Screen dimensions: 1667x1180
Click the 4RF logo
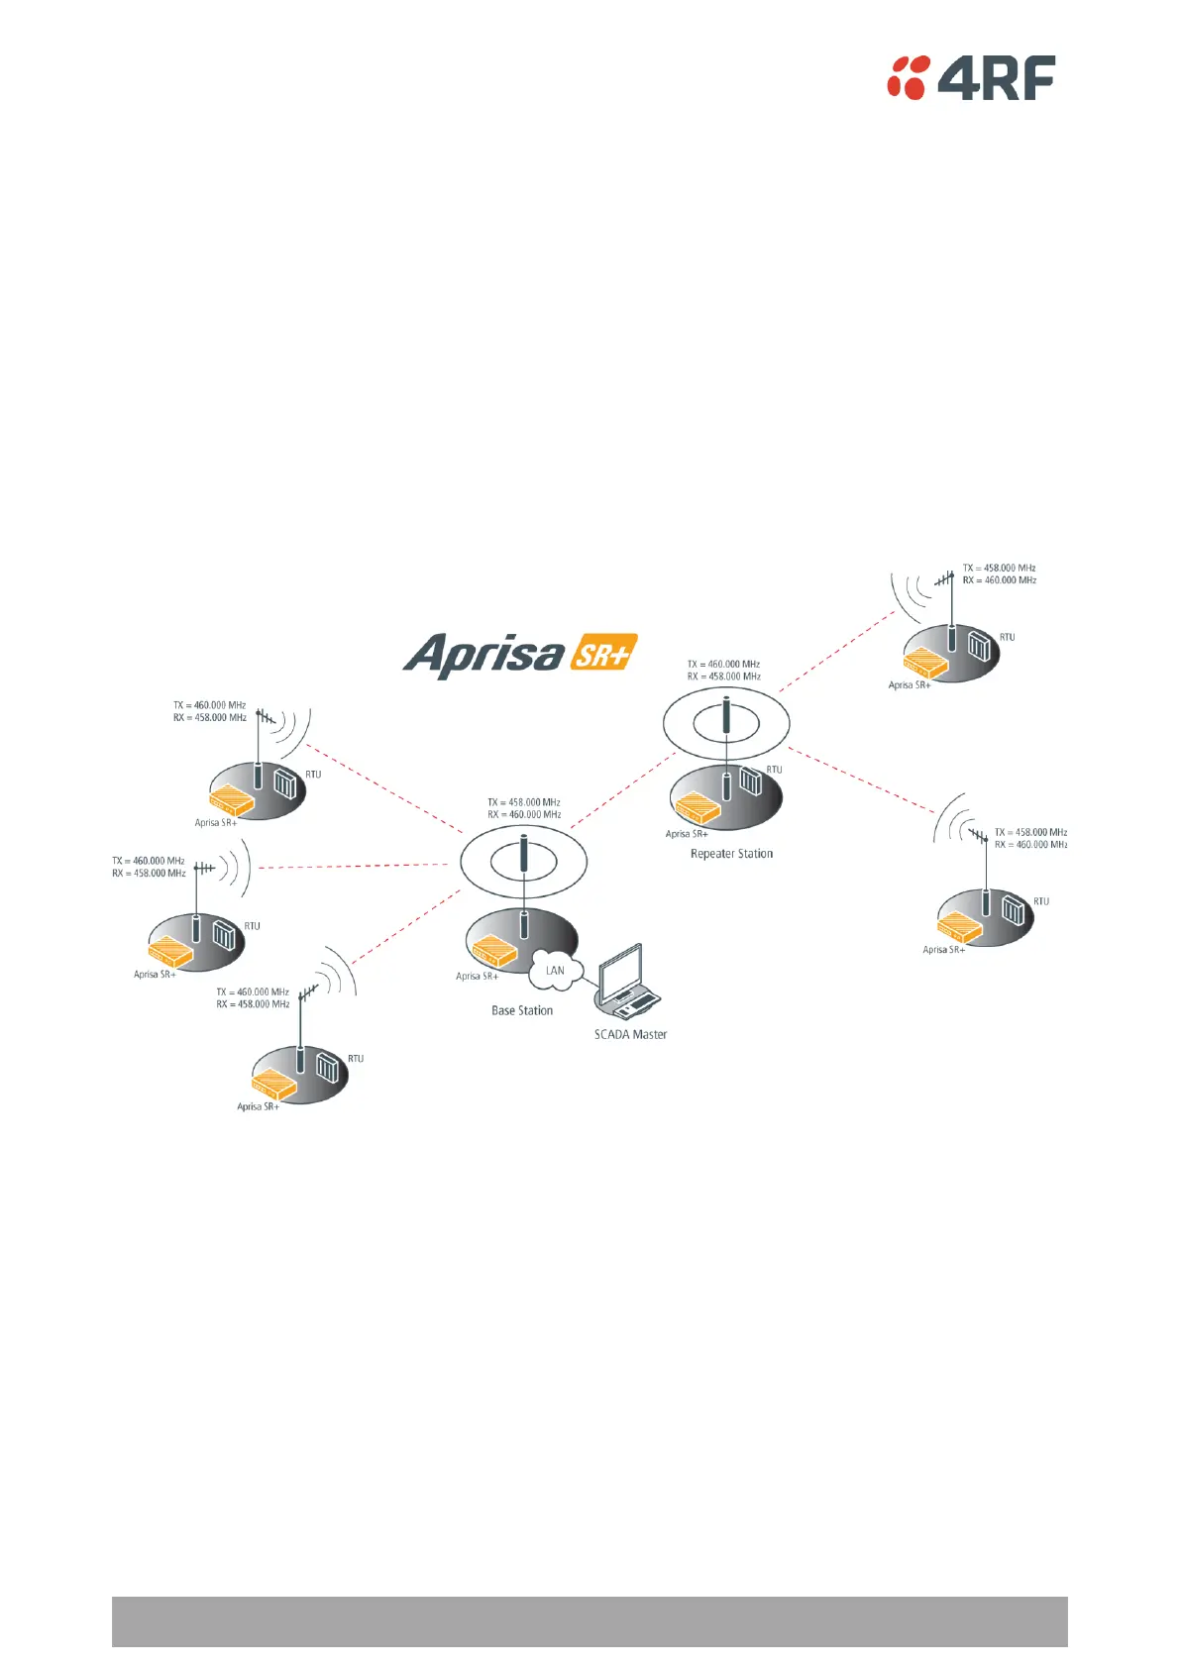[x=970, y=78]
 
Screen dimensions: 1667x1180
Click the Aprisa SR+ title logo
[x=519, y=655]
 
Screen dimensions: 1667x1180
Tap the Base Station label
[x=522, y=1011]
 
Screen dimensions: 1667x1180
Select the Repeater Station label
[x=731, y=854]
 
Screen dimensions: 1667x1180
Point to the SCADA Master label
[x=630, y=1035]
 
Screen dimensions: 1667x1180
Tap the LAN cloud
[x=555, y=971]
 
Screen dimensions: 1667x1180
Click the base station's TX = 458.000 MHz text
[x=524, y=802]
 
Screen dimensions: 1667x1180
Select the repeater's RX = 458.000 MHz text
[x=724, y=677]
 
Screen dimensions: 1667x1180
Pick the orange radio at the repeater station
[x=697, y=808]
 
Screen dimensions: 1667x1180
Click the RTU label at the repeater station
[x=775, y=769]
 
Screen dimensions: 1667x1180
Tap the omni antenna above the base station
[x=524, y=854]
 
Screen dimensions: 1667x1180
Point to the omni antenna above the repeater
[x=726, y=716]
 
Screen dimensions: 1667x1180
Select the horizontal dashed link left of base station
[x=353, y=867]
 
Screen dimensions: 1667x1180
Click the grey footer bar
[x=590, y=1620]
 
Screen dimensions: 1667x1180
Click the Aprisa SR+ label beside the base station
[x=477, y=977]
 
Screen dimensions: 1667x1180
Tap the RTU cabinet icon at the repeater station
[x=751, y=782]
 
